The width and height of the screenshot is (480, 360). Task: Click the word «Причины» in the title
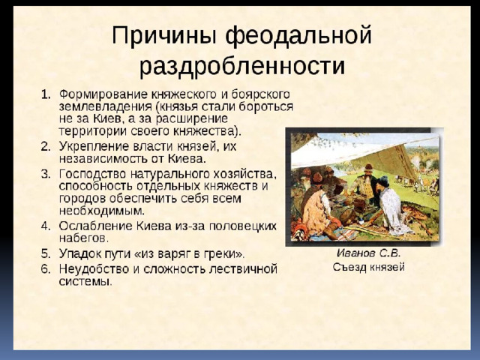[x=164, y=36]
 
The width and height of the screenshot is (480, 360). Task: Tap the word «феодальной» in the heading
[x=298, y=36]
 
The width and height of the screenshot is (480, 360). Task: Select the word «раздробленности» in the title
[x=242, y=65]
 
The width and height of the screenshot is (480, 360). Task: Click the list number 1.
[x=45, y=94]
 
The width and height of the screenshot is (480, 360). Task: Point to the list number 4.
[x=45, y=226]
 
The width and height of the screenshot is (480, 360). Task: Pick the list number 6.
[x=45, y=269]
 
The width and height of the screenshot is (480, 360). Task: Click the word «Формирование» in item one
[x=103, y=94]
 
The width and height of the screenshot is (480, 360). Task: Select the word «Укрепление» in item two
[x=94, y=147]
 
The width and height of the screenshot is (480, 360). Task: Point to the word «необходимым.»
[x=102, y=211]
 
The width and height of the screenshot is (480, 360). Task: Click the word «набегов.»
[x=84, y=238]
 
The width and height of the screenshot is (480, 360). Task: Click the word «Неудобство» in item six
[x=94, y=269]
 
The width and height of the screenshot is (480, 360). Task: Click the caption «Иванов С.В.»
[x=368, y=253]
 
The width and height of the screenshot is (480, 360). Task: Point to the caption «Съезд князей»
[x=368, y=267]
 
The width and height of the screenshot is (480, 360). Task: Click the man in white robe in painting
[x=393, y=208]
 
